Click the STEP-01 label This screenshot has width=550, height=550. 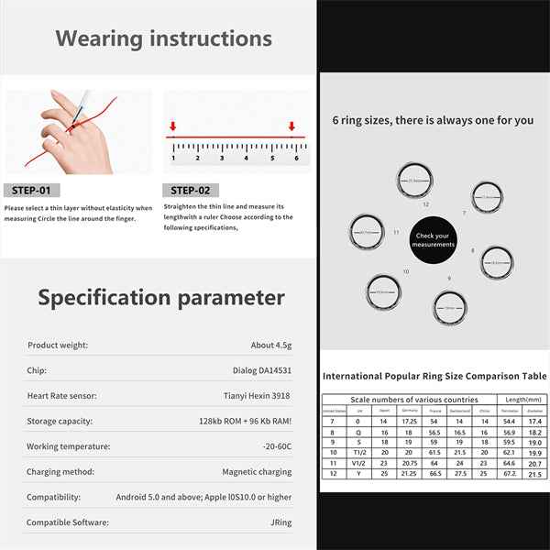pyautogui.click(x=33, y=191)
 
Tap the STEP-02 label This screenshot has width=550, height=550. pyautogui.click(x=192, y=191)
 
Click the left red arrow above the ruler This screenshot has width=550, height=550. pyautogui.click(x=172, y=126)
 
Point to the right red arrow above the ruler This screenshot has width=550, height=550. pyautogui.click(x=292, y=126)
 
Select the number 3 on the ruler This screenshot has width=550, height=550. pyautogui.click(x=222, y=158)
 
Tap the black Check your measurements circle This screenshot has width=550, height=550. pyautogui.click(x=432, y=239)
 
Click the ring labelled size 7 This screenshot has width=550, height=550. pyautogui.click(x=487, y=197)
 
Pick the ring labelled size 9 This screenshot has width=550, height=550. pyautogui.click(x=448, y=307)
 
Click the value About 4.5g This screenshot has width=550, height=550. pyautogui.click(x=271, y=346)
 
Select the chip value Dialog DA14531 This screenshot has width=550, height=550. pyautogui.click(x=259, y=371)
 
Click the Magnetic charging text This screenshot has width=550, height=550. pyautogui.click(x=258, y=472)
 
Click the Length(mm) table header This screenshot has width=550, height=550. pyautogui.click(x=522, y=399)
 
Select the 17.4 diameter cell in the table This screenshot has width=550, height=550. pyautogui.click(x=534, y=421)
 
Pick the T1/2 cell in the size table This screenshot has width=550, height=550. pyautogui.click(x=359, y=452)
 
